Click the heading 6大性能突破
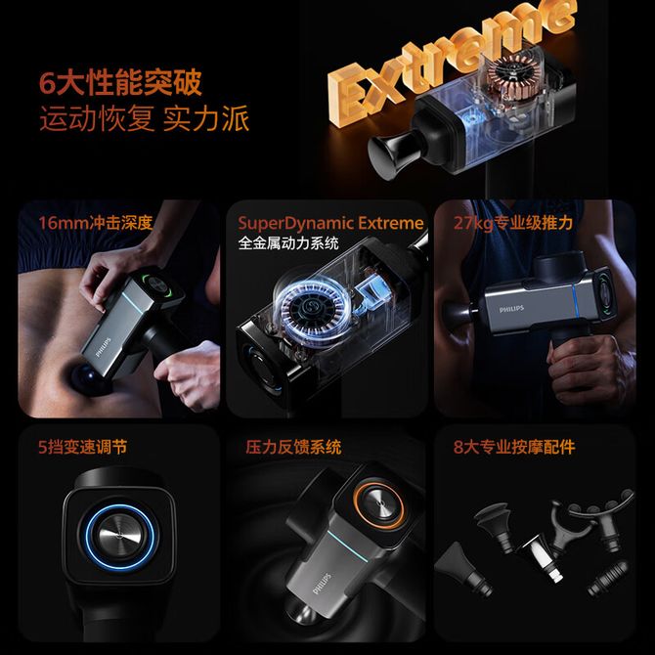tap(120, 82)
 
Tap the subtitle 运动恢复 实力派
tap(145, 118)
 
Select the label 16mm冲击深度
tap(96, 223)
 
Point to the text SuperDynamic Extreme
tap(330, 223)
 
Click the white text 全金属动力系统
tap(288, 243)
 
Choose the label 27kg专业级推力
tap(513, 223)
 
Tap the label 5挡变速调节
tap(83, 447)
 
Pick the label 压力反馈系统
tap(293, 447)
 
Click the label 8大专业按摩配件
tap(514, 447)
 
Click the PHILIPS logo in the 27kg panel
tap(511, 309)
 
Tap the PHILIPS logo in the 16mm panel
tap(104, 348)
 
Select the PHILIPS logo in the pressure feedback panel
tap(322, 584)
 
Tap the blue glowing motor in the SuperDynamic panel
tap(310, 306)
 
